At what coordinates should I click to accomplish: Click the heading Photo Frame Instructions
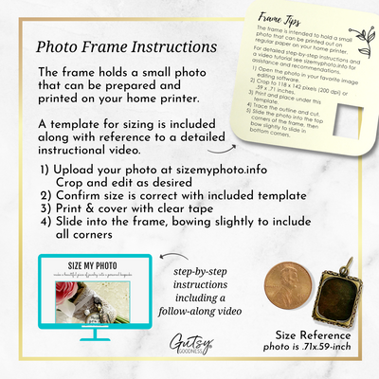[123, 46]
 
